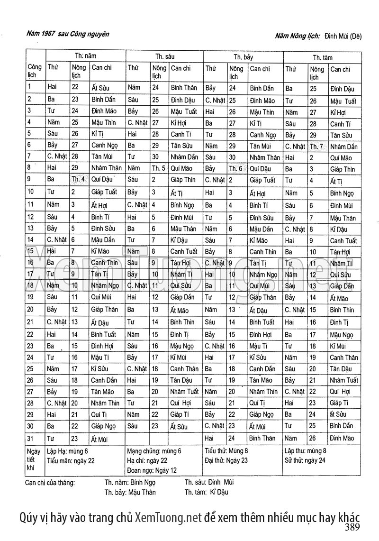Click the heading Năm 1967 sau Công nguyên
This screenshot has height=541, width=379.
68,34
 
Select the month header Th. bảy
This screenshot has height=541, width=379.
243,57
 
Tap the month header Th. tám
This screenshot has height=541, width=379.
323,58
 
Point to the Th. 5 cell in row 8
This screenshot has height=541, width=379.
158,168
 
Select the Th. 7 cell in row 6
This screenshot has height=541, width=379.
316,147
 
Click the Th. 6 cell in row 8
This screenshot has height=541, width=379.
235,168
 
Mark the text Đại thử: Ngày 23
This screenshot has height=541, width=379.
226,460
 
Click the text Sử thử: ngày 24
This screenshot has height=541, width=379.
305,460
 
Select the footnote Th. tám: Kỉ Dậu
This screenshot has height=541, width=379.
206,492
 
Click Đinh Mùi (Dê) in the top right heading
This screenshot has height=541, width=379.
343,37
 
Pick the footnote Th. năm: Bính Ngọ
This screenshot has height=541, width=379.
130,483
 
